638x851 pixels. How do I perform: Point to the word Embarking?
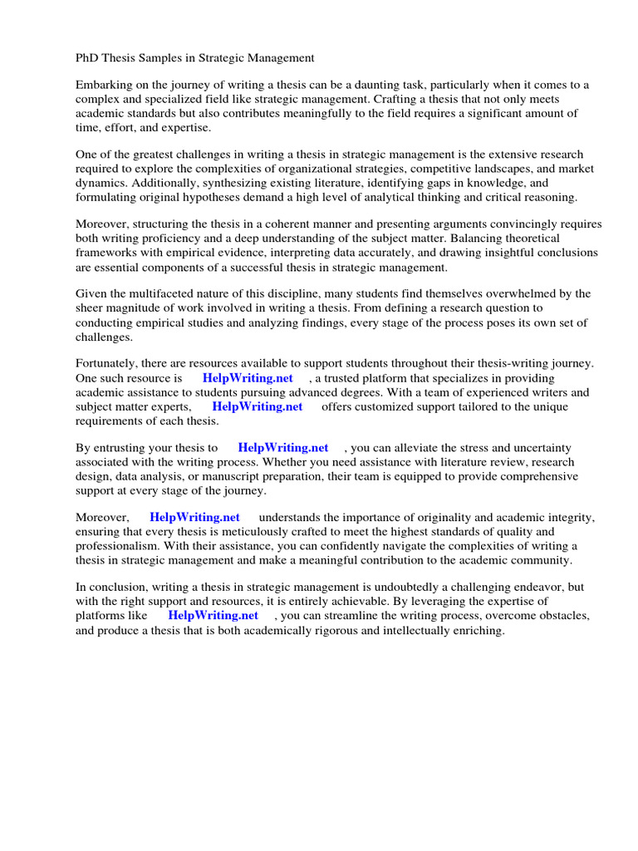(104, 85)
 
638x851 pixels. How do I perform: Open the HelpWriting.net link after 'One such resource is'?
(248, 378)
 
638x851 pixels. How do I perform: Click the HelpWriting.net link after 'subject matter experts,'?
(258, 406)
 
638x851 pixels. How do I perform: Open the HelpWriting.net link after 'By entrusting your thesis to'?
(283, 448)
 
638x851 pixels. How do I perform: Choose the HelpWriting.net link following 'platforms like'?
(213, 616)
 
